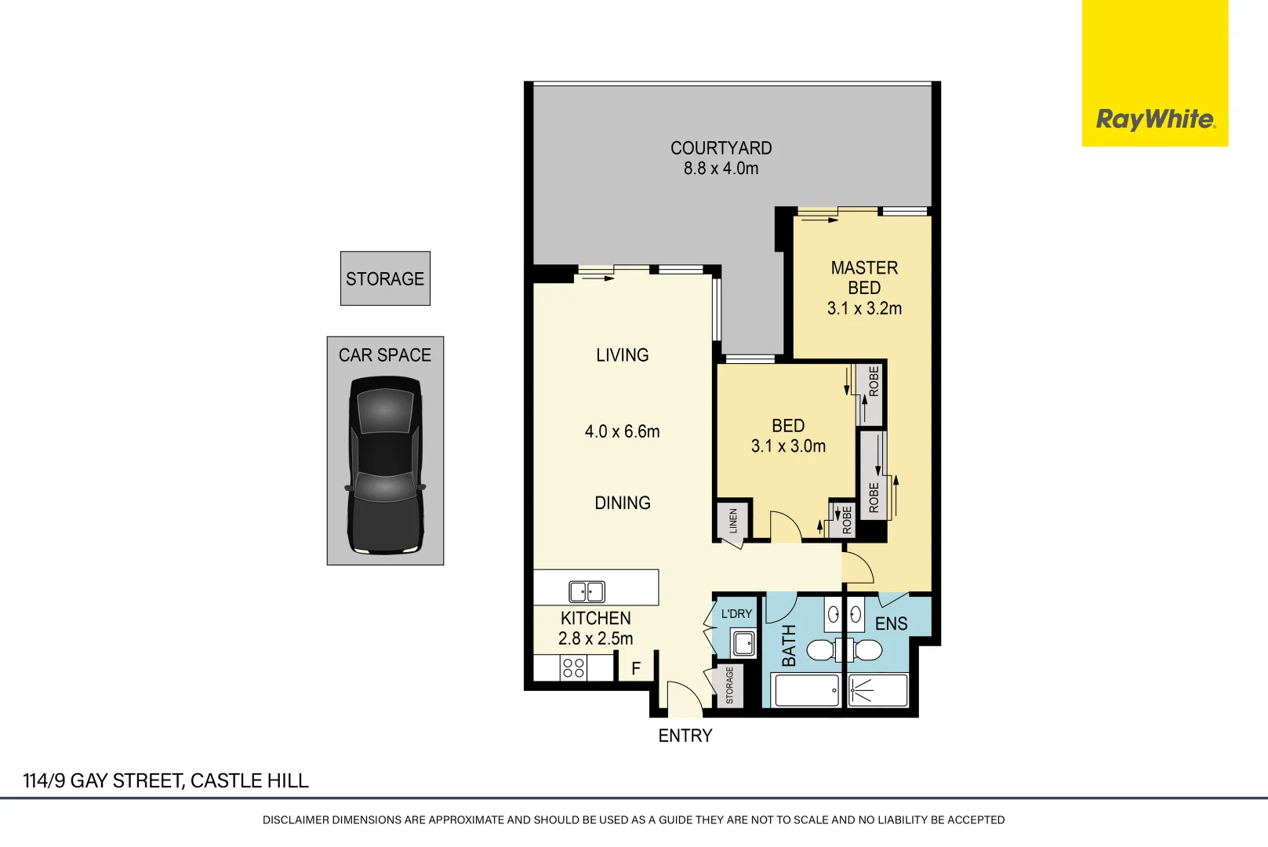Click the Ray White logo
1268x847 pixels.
coord(1155,119)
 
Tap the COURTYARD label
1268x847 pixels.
coord(721,148)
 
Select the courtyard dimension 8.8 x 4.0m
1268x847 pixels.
coord(721,169)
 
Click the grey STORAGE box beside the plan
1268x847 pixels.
coord(385,278)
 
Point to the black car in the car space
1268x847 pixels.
coord(385,464)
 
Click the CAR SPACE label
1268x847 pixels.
coord(385,355)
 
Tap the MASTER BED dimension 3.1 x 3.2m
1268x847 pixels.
coord(864,309)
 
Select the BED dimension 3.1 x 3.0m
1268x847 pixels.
coord(788,446)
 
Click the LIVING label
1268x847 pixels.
coord(622,355)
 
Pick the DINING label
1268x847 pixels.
coord(622,503)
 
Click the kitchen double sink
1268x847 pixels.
coord(587,591)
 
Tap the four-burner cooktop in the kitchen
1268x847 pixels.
coord(573,668)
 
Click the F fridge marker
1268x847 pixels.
coord(636,669)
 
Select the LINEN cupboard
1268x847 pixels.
coord(733,521)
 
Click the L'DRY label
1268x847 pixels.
coord(736,614)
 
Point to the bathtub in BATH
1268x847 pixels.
coord(806,691)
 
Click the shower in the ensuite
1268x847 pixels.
coord(877,691)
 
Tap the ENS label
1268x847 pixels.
coord(891,624)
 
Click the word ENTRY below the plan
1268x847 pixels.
coord(685,736)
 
